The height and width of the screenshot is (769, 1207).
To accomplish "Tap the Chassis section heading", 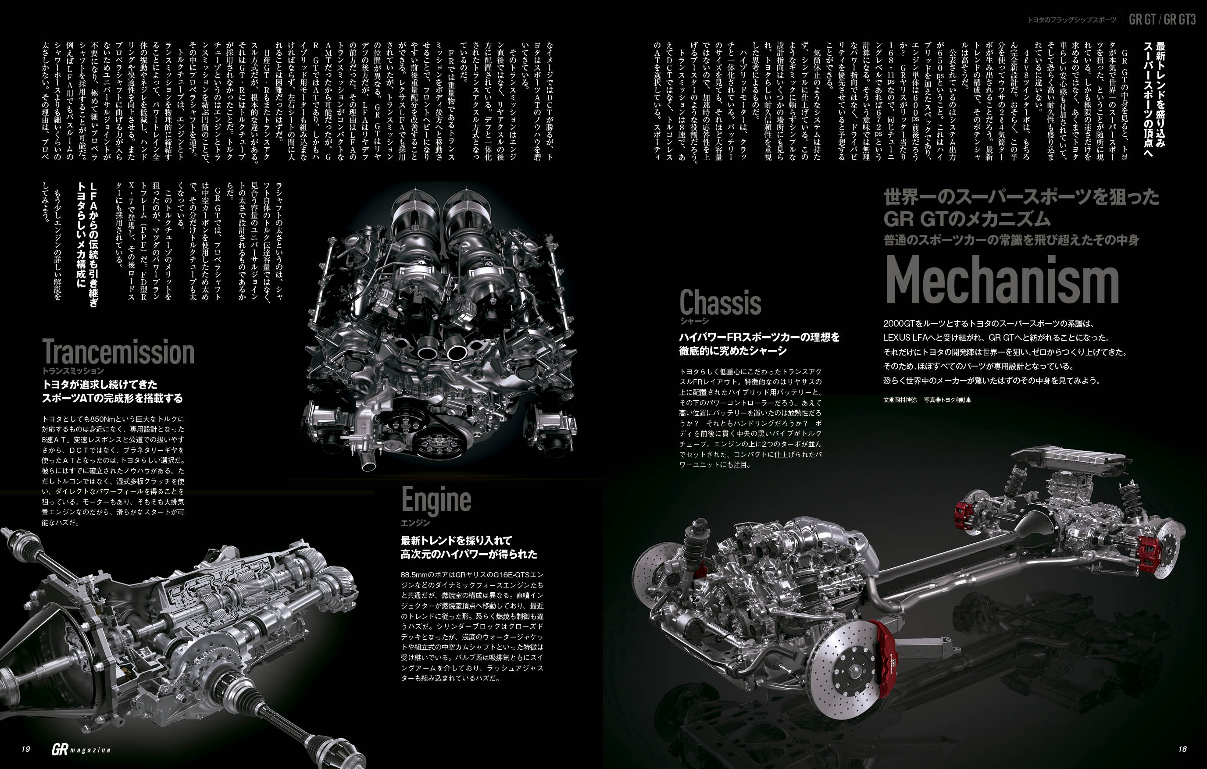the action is click(720, 302).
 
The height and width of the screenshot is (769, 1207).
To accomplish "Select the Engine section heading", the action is click(436, 500).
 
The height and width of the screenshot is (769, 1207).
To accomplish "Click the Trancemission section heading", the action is click(118, 352).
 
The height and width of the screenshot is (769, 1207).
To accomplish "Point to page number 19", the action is click(26, 749).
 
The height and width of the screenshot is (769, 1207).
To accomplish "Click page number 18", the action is click(1182, 749).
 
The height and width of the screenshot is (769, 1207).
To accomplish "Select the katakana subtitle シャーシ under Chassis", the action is click(694, 321).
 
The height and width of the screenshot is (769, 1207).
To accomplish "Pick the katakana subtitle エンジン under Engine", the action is click(415, 523).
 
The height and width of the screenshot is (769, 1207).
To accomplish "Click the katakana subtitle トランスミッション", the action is click(73, 371).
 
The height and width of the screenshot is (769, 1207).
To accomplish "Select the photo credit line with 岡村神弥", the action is click(927, 400).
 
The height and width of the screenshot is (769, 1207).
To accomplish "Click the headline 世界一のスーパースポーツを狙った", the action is click(1021, 197).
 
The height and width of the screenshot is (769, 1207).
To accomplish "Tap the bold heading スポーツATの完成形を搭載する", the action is click(112, 398).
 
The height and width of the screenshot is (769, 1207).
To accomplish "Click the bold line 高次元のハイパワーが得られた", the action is click(469, 554).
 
